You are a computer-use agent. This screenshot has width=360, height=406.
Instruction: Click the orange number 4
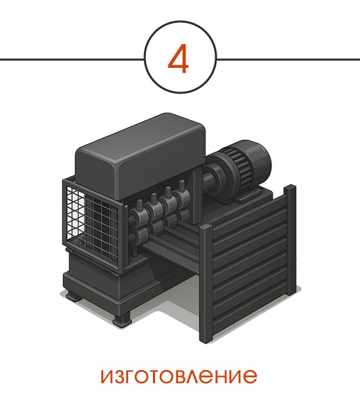[178, 58]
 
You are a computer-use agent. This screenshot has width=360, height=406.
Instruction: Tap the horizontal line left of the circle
[72, 60]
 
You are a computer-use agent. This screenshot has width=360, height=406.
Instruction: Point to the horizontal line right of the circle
[288, 60]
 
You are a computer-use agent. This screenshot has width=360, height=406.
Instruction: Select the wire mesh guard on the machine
[92, 222]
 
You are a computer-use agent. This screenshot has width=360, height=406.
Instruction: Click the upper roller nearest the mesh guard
[138, 215]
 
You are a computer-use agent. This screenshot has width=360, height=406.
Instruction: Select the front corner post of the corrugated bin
[206, 283]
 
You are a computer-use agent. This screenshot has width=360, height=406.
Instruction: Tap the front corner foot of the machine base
[122, 319]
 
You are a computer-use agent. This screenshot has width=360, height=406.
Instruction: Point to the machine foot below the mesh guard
[73, 296]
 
